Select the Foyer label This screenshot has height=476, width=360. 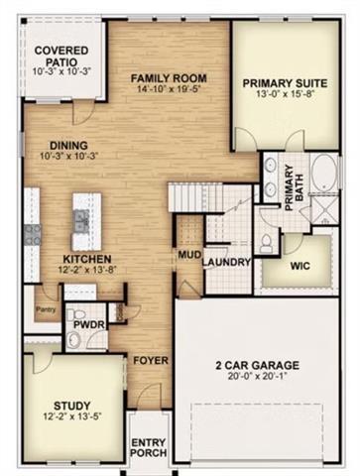point(151,359)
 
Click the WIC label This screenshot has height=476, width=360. point(302,267)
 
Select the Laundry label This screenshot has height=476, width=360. point(227,262)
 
